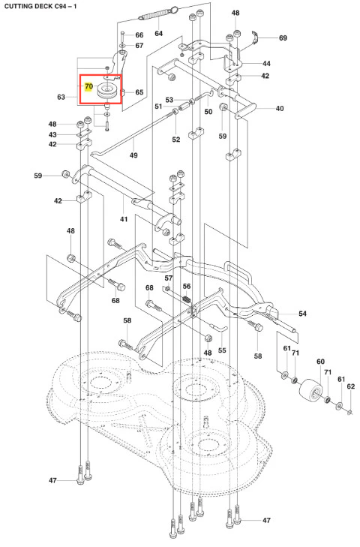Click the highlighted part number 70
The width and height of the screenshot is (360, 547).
[89, 86]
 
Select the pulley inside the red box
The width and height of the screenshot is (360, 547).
[106, 91]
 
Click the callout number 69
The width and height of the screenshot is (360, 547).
[283, 38]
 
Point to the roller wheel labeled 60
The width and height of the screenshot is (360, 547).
[311, 389]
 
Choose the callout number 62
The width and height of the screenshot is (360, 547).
[350, 386]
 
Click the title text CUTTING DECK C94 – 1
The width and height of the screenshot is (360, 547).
[40, 6]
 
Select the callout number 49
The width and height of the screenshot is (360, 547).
[133, 155]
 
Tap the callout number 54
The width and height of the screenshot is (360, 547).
[302, 314]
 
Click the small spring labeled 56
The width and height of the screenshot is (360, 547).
[187, 299]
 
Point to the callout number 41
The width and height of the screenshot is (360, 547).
[124, 219]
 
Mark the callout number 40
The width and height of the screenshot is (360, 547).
[280, 109]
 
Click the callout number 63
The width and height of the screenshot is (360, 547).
[61, 97]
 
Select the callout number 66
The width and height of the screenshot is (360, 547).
[139, 35]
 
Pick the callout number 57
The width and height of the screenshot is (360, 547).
[169, 278]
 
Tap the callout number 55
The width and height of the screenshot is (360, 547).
[222, 350]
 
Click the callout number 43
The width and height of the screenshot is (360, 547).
[52, 134]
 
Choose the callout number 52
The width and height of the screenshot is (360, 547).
[176, 140]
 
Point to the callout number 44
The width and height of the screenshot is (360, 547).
[266, 64]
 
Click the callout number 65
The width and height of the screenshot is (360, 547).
[139, 92]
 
